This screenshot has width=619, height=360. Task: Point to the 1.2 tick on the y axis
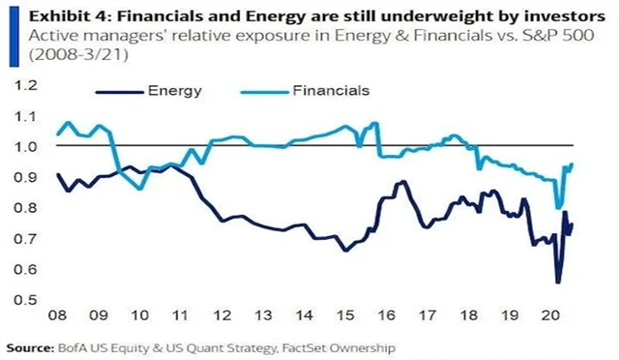[x=19, y=85]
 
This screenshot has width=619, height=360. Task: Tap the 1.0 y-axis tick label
[x=19, y=146]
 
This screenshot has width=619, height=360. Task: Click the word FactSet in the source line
[x=279, y=345]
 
